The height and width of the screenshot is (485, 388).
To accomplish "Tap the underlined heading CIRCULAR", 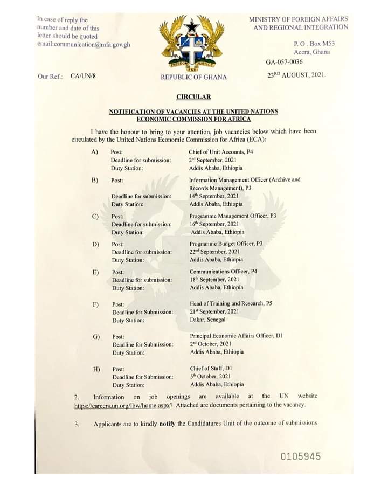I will coord(193,96).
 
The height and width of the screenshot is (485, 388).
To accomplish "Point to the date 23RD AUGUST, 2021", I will coord(297,76).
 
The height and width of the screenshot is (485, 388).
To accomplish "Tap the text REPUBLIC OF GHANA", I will coord(193,77).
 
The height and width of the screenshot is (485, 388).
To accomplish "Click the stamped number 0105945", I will coord(301,457).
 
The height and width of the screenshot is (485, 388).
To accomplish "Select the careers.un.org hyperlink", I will coord(123,405).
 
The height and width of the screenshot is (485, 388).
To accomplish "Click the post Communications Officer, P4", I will coord(223,271).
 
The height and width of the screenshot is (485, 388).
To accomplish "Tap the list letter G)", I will coord(96,336).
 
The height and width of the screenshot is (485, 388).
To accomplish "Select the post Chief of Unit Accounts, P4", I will coord(221,152).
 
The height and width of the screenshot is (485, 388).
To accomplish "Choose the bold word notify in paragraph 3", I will coord(168,424).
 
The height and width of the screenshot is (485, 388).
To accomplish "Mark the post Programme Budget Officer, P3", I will coord(226,244).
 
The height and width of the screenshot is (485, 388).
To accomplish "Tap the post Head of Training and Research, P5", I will coord(231,303).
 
